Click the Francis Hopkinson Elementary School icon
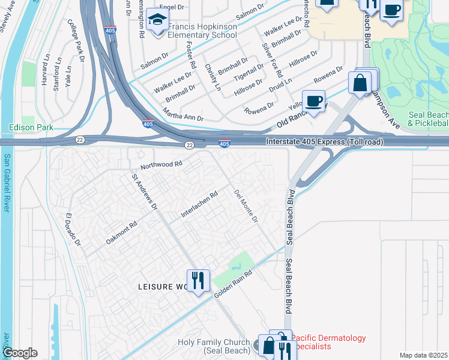tap(158, 22)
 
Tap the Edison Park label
tap(31, 127)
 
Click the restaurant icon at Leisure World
tap(196, 280)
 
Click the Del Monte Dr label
tap(246, 207)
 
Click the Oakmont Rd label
tap(122, 232)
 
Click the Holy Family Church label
tap(215, 346)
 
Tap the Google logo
tap(20, 352)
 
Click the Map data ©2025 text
tap(423, 355)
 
